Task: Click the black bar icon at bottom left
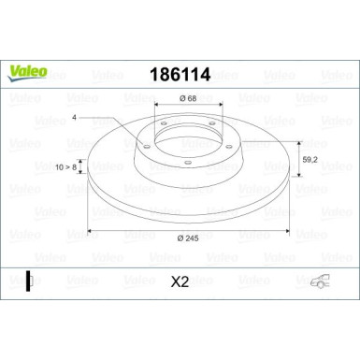pyautogui.click(x=29, y=278)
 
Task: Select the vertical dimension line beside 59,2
pyautogui.click(x=299, y=159)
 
